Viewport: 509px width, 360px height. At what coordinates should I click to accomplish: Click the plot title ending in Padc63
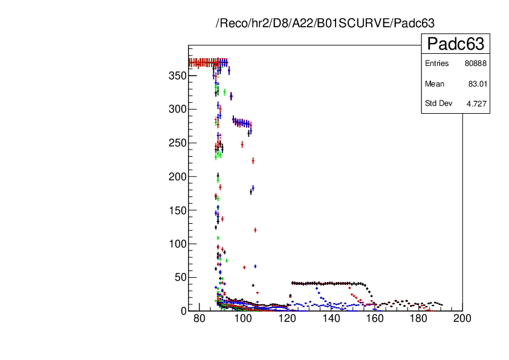325,24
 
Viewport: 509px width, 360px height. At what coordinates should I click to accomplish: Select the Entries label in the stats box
437,64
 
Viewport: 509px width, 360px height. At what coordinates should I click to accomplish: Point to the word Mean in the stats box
435,83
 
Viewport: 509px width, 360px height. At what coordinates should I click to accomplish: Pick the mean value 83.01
478,83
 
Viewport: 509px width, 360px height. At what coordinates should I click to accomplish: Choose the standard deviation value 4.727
476,103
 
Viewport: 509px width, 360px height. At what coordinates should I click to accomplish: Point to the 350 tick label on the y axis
176,76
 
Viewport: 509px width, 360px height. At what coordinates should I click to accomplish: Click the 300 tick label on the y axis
176,110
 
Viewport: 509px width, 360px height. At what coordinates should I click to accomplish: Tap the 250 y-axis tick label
176,143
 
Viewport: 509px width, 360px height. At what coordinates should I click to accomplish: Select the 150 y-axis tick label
176,210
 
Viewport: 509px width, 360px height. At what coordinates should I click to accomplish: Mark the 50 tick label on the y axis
178,277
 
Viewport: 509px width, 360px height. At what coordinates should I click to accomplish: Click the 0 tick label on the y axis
181,310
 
